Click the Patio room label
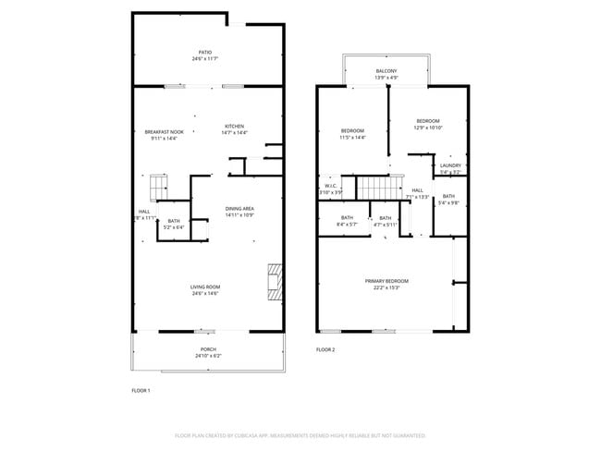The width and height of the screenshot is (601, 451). click(205, 55)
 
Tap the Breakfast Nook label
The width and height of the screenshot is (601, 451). click(164, 135)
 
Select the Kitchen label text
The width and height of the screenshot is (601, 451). click(235, 129)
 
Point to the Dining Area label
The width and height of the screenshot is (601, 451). click(239, 212)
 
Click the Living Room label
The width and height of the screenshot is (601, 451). click(204, 290)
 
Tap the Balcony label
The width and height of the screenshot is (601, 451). click(386, 74)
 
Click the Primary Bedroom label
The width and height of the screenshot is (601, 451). click(386, 284)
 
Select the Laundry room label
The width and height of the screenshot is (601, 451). click(450, 168)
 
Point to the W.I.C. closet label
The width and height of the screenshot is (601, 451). click(331, 189)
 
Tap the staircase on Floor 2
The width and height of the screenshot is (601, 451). click(374, 186)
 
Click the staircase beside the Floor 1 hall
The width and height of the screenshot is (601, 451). click(159, 188)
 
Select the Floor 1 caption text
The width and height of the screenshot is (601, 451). click(141, 391)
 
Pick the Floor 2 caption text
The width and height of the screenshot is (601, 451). click(325, 349)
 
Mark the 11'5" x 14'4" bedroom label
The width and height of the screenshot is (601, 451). click(353, 133)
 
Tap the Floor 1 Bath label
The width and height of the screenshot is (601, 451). click(174, 224)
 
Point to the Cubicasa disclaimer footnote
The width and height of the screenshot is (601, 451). click(300, 434)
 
